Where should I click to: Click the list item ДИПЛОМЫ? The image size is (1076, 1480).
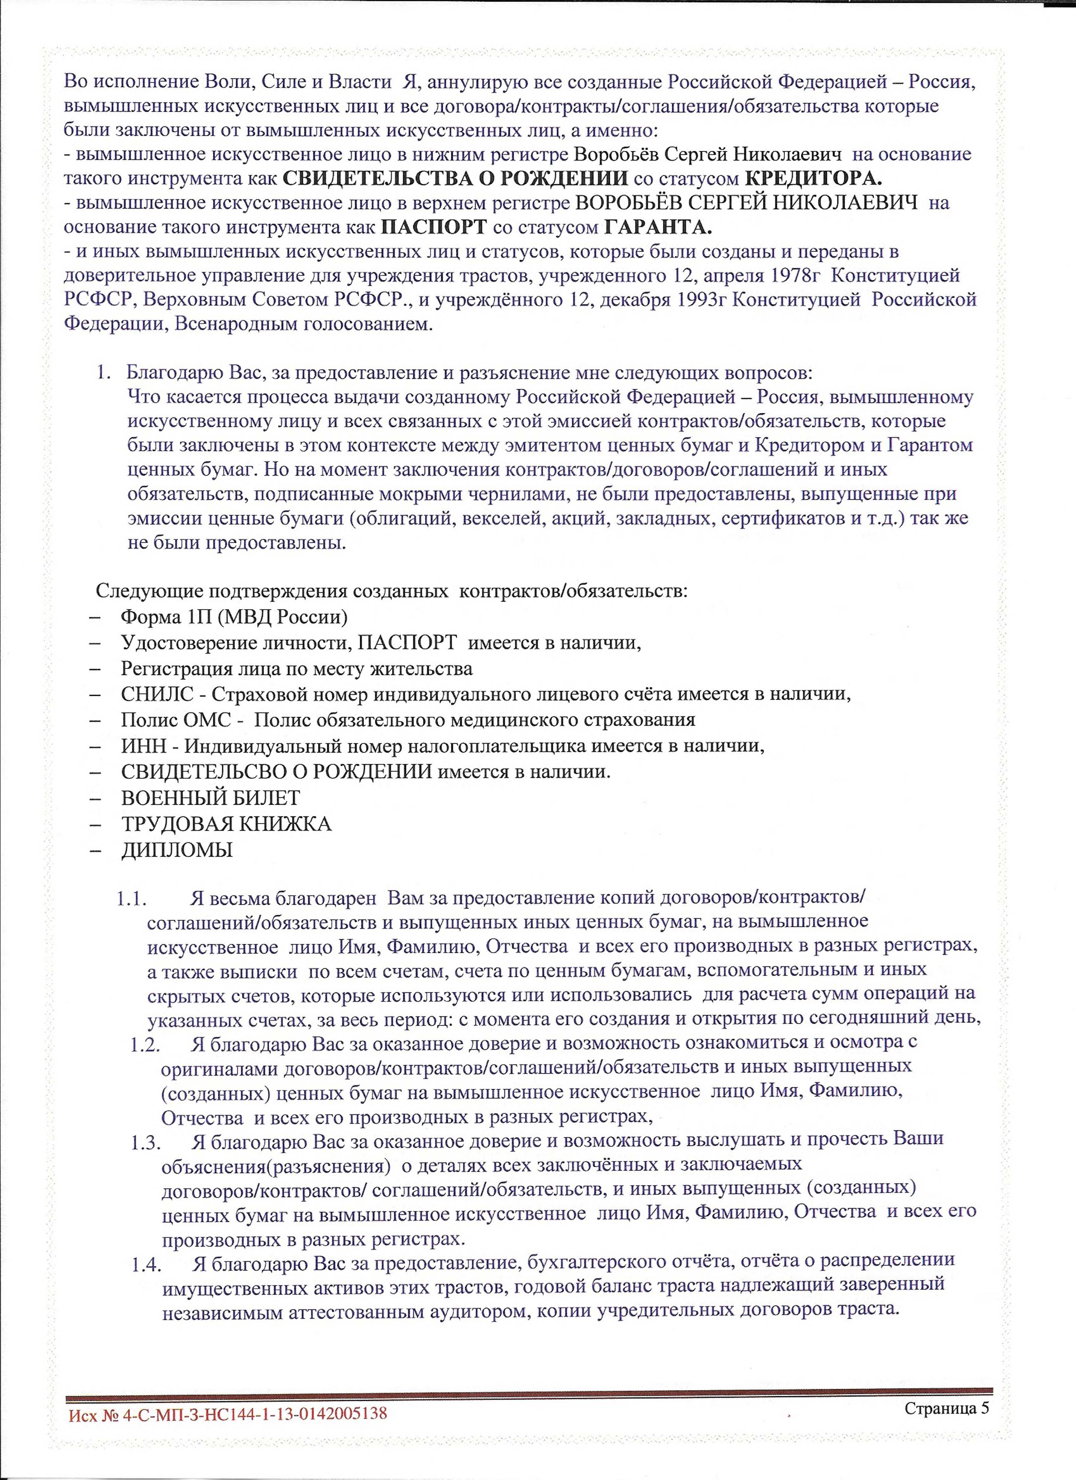176,850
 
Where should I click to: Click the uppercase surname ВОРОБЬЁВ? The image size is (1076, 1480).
628,203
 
